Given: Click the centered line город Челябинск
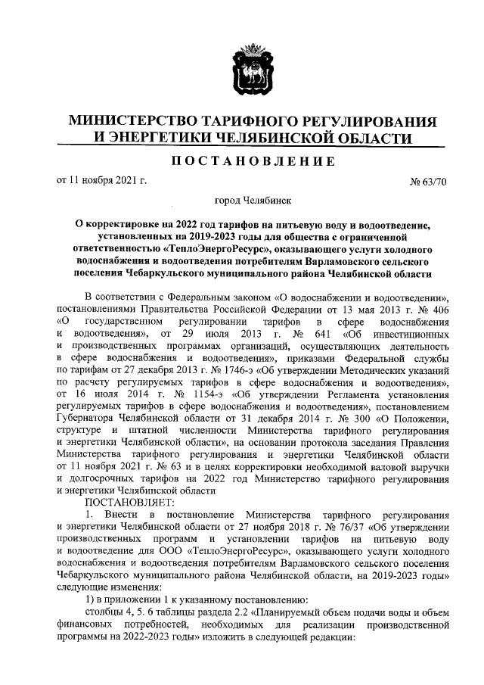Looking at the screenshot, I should (x=250, y=201).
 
